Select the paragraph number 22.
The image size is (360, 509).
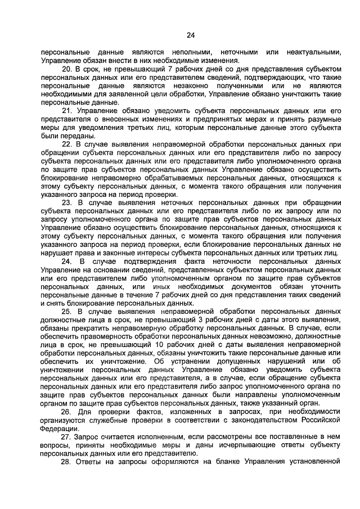[x=66, y=143]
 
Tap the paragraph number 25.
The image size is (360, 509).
[x=66, y=310]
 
